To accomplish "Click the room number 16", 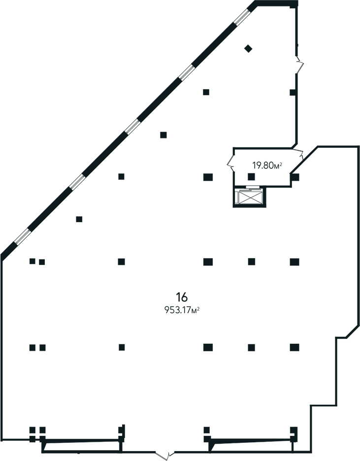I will (x=182, y=296).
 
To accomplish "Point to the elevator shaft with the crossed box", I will (x=249, y=198).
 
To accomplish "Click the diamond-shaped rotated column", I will (x=249, y=48).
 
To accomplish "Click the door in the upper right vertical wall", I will (x=298, y=65).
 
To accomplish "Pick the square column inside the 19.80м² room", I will (x=251, y=176).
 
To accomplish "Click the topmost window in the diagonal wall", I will (x=242, y=17).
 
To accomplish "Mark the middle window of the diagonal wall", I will (x=131, y=127).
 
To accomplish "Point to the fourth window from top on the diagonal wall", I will (x=76, y=182).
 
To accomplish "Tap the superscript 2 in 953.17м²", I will (x=198, y=308).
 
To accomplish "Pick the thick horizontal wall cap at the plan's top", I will (x=276, y=4).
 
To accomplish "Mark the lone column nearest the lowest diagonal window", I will (x=79, y=219).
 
